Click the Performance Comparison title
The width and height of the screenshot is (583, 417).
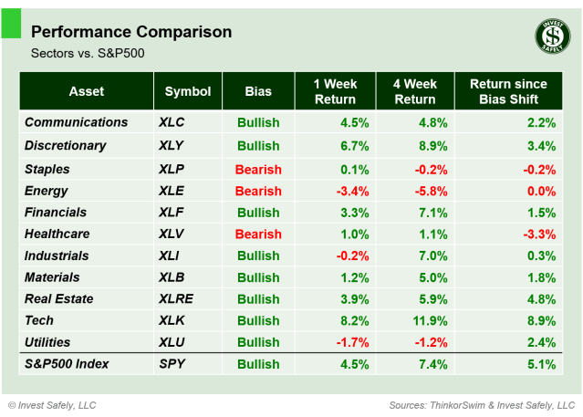click(131, 32)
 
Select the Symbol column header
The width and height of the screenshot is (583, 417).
click(187, 91)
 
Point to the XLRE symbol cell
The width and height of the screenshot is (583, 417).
click(175, 298)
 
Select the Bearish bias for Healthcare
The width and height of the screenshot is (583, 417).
click(258, 235)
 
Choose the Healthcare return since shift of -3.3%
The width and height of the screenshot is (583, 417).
click(537, 235)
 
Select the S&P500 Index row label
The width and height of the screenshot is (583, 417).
click(67, 364)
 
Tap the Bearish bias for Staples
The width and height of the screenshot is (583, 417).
click(258, 169)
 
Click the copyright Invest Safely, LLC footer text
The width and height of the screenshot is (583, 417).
click(52, 404)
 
